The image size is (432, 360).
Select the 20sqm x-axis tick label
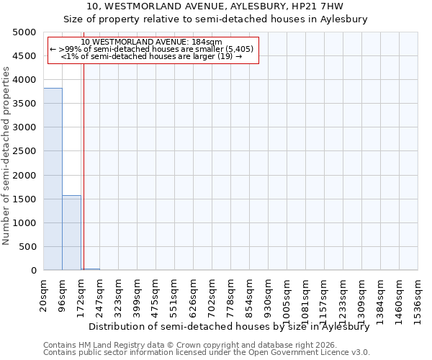point(44,292)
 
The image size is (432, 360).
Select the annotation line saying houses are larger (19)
point(151,55)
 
